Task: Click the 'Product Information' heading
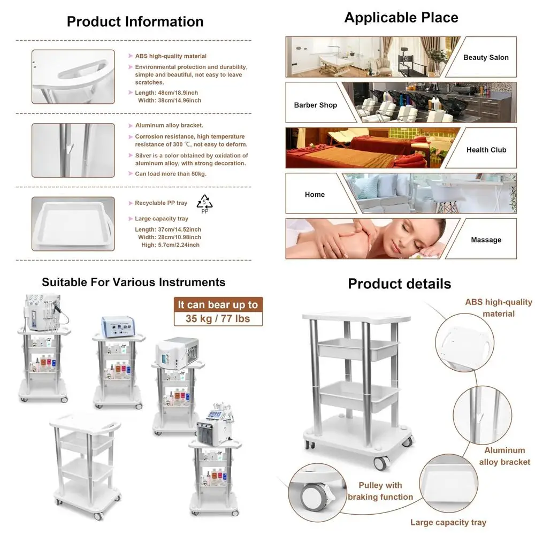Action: pos(135,21)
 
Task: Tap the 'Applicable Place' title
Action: pos(401,18)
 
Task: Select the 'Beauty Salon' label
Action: pos(486,57)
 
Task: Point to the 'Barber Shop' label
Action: pos(316,105)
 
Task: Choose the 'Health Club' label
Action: pos(486,150)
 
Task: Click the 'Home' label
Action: pos(315,195)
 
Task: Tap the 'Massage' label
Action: pos(486,240)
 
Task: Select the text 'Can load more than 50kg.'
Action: pos(171,174)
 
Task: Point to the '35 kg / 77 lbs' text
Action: pos(218,319)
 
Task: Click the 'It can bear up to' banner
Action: pos(218,304)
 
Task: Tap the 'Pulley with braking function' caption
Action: pos(380,491)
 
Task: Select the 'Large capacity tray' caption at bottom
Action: pos(448,522)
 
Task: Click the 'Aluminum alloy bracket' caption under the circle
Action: pos(505,456)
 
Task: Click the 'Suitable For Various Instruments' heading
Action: pos(133,282)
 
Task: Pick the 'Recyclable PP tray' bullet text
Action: pos(161,203)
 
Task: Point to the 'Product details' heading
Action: pos(400,284)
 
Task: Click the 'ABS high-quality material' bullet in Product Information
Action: pos(171,56)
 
